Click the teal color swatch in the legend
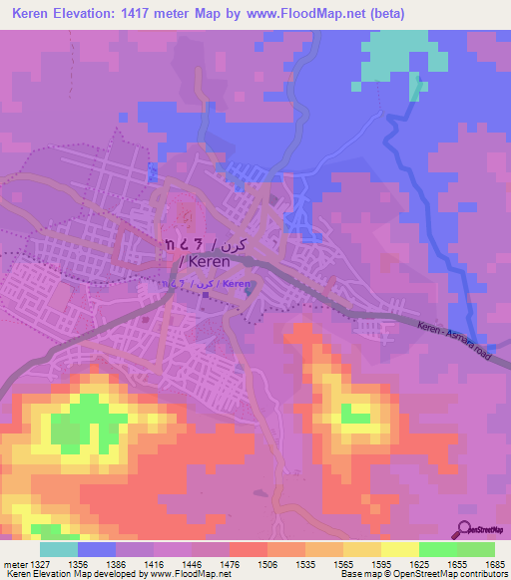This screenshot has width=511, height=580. coord(59,549)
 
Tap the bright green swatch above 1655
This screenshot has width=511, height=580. coord(438,549)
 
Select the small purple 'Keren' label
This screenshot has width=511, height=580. coord(237,284)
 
